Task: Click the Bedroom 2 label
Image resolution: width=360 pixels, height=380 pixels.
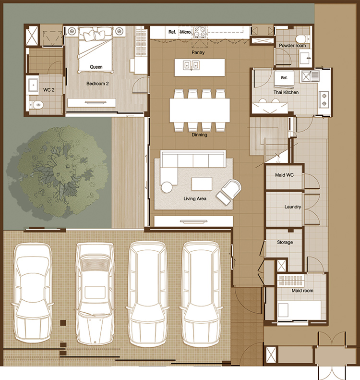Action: (x=97, y=84)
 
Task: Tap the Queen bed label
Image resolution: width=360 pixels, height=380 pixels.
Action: (x=96, y=67)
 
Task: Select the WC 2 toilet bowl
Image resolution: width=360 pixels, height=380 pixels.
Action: (x=37, y=105)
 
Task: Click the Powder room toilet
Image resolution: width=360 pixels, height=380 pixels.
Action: (x=301, y=38)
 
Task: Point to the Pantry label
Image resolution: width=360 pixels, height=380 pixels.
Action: (x=198, y=52)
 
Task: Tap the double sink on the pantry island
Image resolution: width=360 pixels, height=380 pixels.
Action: (x=191, y=65)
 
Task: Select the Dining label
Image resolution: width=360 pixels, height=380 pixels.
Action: (x=199, y=135)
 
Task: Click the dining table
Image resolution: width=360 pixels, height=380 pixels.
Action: (x=200, y=110)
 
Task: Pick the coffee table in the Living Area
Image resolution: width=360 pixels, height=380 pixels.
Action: (x=202, y=184)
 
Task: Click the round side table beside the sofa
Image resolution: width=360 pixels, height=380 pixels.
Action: (x=167, y=187)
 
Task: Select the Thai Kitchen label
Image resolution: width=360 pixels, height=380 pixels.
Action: (x=286, y=92)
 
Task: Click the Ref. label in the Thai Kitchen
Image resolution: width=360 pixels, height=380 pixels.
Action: (x=284, y=78)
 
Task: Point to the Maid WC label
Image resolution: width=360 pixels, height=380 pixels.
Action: (x=284, y=175)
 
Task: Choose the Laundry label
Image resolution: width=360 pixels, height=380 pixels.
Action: (x=293, y=207)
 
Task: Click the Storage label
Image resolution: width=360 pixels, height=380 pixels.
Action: (x=285, y=242)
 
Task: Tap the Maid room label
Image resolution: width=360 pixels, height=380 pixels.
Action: (x=302, y=290)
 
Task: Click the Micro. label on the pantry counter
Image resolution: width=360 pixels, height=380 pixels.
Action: (x=186, y=32)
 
